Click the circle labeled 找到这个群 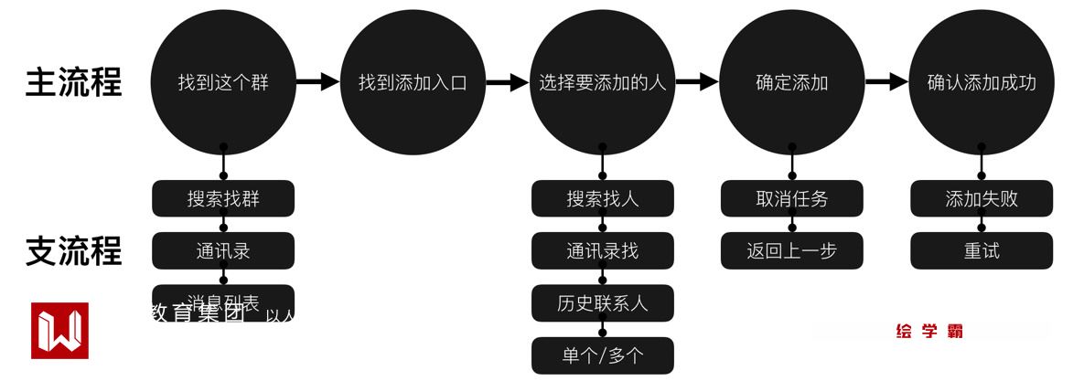pos(223,82)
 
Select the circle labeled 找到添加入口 pos(413,82)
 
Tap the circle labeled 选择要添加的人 pos(602,82)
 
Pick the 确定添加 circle pos(791,82)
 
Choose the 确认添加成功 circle pos(982,82)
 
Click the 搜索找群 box pos(223,198)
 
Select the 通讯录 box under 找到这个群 pos(223,250)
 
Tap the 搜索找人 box pos(602,198)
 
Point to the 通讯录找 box pos(602,250)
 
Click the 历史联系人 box pos(602,302)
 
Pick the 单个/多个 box pos(602,355)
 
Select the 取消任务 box pos(791,198)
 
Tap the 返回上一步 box pos(791,250)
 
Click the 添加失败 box pos(982,198)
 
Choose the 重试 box pos(982,250)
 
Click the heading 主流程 pos(73,82)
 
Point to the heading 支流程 pos(73,250)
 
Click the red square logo pos(59,330)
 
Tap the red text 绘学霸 pos(929,332)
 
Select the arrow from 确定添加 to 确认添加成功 pos(885,82)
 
